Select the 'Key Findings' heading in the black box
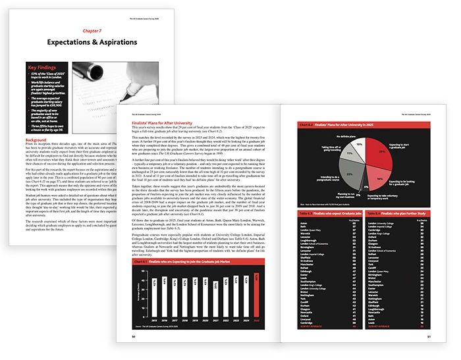click(44, 67)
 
